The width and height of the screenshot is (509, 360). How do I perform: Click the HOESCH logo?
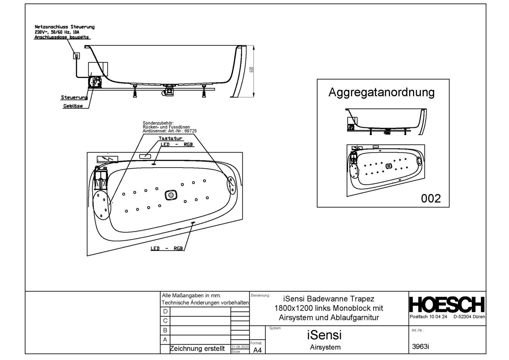click(x=447, y=305)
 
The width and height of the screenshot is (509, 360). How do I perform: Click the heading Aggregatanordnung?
click(x=381, y=93)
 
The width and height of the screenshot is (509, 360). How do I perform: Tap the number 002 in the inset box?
click(x=431, y=198)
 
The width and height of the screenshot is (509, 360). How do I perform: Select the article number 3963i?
click(x=420, y=347)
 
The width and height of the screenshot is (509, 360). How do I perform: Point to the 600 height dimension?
click(x=251, y=70)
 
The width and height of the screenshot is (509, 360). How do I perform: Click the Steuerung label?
click(x=74, y=97)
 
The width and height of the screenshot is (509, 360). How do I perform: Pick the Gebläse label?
click(x=73, y=106)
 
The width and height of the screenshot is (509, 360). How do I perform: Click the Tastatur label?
click(x=171, y=138)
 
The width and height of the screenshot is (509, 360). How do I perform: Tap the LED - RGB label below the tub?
click(x=167, y=248)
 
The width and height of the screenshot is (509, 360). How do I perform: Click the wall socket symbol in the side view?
click(x=77, y=56)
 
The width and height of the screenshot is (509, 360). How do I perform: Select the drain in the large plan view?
click(x=171, y=195)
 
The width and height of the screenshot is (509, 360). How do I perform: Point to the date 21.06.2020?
click(x=240, y=347)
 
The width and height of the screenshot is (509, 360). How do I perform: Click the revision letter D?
click(x=165, y=311)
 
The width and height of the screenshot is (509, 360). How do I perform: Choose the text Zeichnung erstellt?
click(x=197, y=349)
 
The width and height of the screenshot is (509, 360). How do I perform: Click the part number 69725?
click(x=191, y=131)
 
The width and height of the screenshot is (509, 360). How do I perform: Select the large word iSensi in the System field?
click(x=324, y=335)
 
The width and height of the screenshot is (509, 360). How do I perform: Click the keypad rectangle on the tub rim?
click(x=145, y=156)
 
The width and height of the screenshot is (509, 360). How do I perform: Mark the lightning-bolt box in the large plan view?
click(x=108, y=159)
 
